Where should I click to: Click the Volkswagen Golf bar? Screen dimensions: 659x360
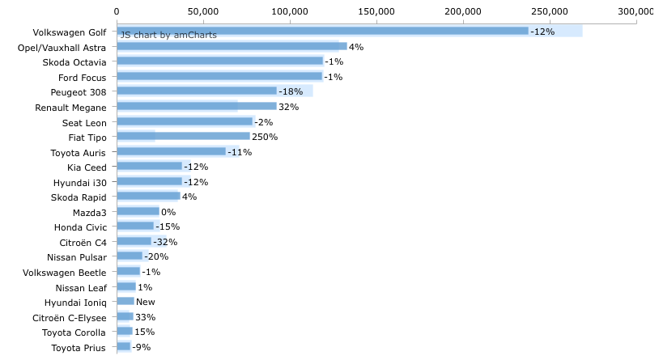(323, 31)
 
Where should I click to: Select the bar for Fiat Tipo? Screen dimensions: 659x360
(184, 136)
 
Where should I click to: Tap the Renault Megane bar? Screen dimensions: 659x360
(197, 106)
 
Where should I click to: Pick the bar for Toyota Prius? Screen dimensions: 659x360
(124, 346)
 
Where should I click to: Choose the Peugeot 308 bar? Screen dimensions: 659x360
(197, 91)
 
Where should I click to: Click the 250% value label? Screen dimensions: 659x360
(265, 137)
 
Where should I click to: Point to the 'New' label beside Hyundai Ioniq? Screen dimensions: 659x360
(146, 302)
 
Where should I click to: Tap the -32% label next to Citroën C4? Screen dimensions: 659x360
(165, 242)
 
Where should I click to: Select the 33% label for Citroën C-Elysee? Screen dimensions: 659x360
(146, 317)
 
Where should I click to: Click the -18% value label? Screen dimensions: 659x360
(291, 91)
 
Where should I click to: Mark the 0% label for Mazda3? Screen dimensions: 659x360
(168, 212)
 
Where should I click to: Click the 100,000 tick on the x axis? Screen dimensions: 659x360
(290, 12)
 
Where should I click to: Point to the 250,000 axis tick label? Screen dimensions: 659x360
(550, 12)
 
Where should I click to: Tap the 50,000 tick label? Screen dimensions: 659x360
(203, 12)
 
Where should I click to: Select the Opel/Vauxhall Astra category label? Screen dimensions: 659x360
(62, 48)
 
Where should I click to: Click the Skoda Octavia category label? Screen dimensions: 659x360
(74, 62)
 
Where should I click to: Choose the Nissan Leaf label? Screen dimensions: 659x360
(81, 288)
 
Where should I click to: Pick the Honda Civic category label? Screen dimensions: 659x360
(81, 227)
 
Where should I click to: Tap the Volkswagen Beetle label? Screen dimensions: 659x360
(64, 273)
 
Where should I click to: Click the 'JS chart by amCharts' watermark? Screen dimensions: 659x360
(168, 35)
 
